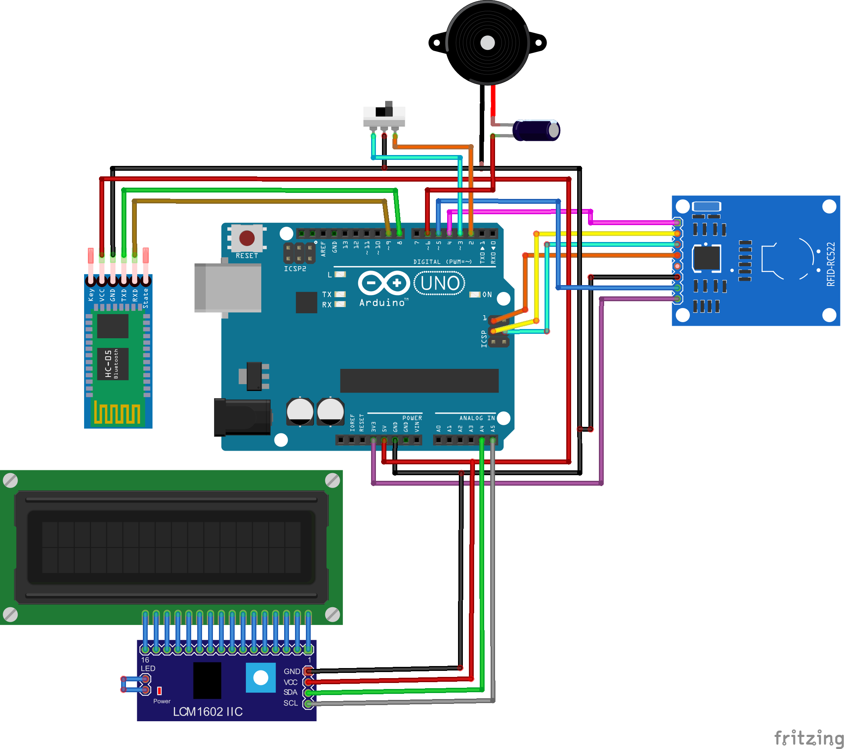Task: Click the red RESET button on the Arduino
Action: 247,238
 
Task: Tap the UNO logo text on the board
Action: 440,283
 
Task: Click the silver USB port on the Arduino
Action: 227,288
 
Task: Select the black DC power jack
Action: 242,417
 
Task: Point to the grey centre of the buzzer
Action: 488,43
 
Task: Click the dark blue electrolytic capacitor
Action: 537,130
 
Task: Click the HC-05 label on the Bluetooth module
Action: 108,364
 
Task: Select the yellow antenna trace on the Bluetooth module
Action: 117,412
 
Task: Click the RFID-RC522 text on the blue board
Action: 830,264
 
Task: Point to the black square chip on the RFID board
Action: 707,258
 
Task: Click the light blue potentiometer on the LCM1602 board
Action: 260,678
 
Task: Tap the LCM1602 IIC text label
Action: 208,712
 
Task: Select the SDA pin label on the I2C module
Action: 290,692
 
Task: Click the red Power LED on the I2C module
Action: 159,691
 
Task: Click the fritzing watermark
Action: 809,738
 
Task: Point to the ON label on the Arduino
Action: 487,294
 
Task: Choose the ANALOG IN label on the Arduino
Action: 477,418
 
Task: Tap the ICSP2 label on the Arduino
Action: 295,269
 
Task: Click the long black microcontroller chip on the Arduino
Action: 419,381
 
